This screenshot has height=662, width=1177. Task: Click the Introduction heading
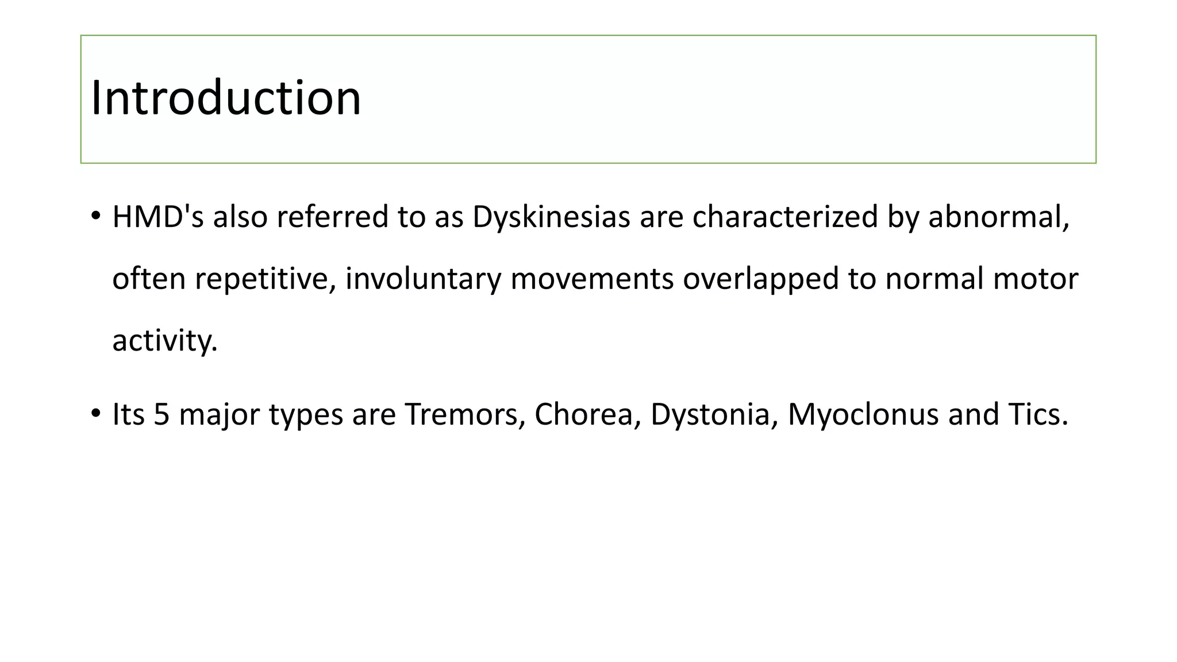click(226, 98)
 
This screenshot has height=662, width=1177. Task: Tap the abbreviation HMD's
click(158, 217)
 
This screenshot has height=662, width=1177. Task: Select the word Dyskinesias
click(551, 217)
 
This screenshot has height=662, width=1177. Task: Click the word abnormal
click(998, 217)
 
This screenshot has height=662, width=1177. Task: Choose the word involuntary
click(423, 279)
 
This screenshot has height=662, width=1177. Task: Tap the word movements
click(592, 279)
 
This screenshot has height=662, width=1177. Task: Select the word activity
click(164, 340)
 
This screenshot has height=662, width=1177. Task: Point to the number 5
click(161, 414)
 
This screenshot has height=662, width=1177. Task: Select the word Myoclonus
click(863, 414)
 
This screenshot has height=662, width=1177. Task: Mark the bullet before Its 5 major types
click(95, 414)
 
